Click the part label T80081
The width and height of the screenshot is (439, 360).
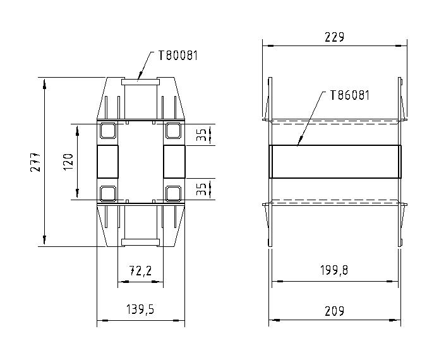pos(177,56)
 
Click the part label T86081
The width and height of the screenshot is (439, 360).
pos(349,95)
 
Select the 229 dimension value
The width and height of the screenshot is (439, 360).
pos(334,37)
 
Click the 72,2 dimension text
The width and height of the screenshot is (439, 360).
pos(140,271)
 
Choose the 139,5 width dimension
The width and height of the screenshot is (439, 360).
pos(140,310)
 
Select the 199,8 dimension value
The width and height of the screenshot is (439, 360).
pos(334,271)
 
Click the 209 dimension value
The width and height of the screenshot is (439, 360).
pos(334,310)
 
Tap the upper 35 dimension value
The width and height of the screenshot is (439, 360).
pos(201,135)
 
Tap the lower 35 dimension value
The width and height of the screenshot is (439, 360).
pos(201,189)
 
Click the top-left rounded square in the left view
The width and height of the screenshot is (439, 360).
pos(107,131)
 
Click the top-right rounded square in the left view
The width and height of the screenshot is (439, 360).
pos(173,131)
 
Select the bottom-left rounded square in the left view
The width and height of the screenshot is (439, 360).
pos(107,193)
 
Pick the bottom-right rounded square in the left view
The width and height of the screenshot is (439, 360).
pos(173,193)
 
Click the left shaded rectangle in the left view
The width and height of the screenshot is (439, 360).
pos(108,162)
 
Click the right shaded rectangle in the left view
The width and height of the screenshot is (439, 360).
pos(174,162)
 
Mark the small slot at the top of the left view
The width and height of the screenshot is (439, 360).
pos(140,80)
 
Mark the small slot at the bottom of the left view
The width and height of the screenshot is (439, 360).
pos(140,241)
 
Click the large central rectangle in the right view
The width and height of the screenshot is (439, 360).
pos(335,162)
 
